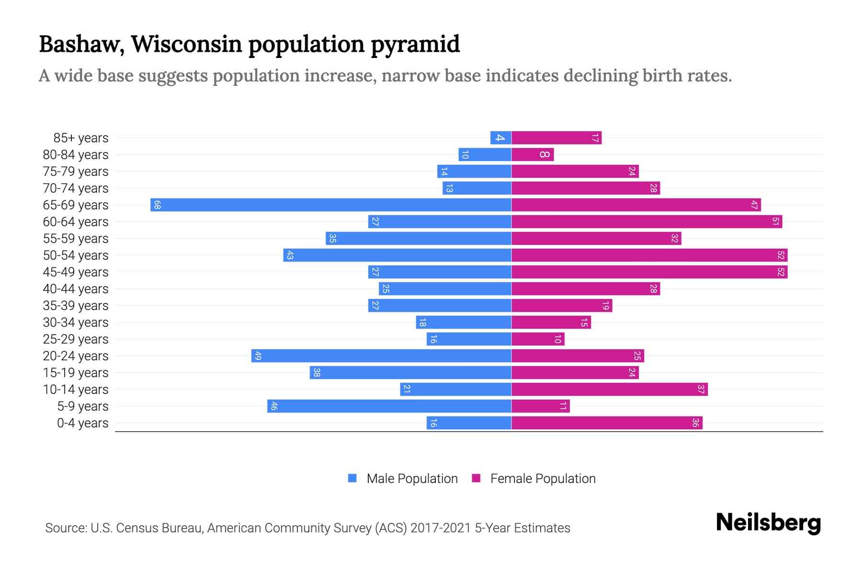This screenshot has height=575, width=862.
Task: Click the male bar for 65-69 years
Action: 330,205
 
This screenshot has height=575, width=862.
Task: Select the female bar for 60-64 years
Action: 646,221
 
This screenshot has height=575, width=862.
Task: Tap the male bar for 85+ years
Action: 501,138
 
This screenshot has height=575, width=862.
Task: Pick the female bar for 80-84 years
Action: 533,154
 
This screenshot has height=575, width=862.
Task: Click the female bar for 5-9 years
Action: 540,406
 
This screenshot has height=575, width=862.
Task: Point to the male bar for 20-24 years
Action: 381,356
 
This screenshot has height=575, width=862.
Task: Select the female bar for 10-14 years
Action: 609,389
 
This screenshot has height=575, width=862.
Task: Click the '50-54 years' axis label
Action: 76,255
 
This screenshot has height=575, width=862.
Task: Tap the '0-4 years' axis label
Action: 82,423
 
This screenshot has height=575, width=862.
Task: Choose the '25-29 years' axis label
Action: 76,339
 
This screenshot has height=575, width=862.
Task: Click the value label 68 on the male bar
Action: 157,205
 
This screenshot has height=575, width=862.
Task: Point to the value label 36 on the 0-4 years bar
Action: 695,423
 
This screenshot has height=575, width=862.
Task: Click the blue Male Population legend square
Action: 352,478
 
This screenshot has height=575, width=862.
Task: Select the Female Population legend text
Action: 543,479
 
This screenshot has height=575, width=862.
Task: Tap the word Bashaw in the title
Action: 81,44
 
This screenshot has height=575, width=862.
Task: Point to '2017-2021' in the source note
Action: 441,528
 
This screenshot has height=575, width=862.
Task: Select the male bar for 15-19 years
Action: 410,372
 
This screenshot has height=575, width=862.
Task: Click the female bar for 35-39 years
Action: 561,305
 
